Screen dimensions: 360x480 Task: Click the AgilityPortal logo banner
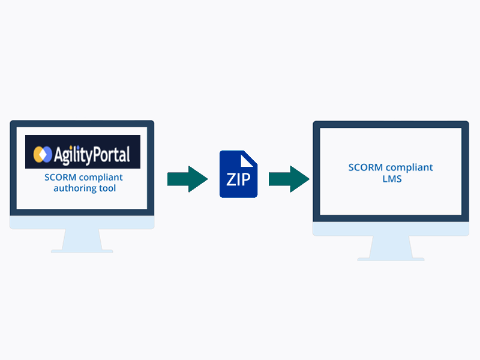83,152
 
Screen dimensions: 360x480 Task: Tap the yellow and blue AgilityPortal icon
41,155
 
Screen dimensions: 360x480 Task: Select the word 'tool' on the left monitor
107,188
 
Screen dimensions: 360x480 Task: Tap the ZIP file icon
238,174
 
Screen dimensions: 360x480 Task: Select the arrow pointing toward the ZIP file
187,179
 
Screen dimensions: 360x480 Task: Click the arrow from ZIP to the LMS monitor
289,179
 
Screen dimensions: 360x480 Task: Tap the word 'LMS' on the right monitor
391,179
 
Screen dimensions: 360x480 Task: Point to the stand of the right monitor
391,246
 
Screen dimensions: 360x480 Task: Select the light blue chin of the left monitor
82,221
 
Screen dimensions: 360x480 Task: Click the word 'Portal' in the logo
109,155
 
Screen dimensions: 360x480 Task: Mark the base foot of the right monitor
391,259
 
